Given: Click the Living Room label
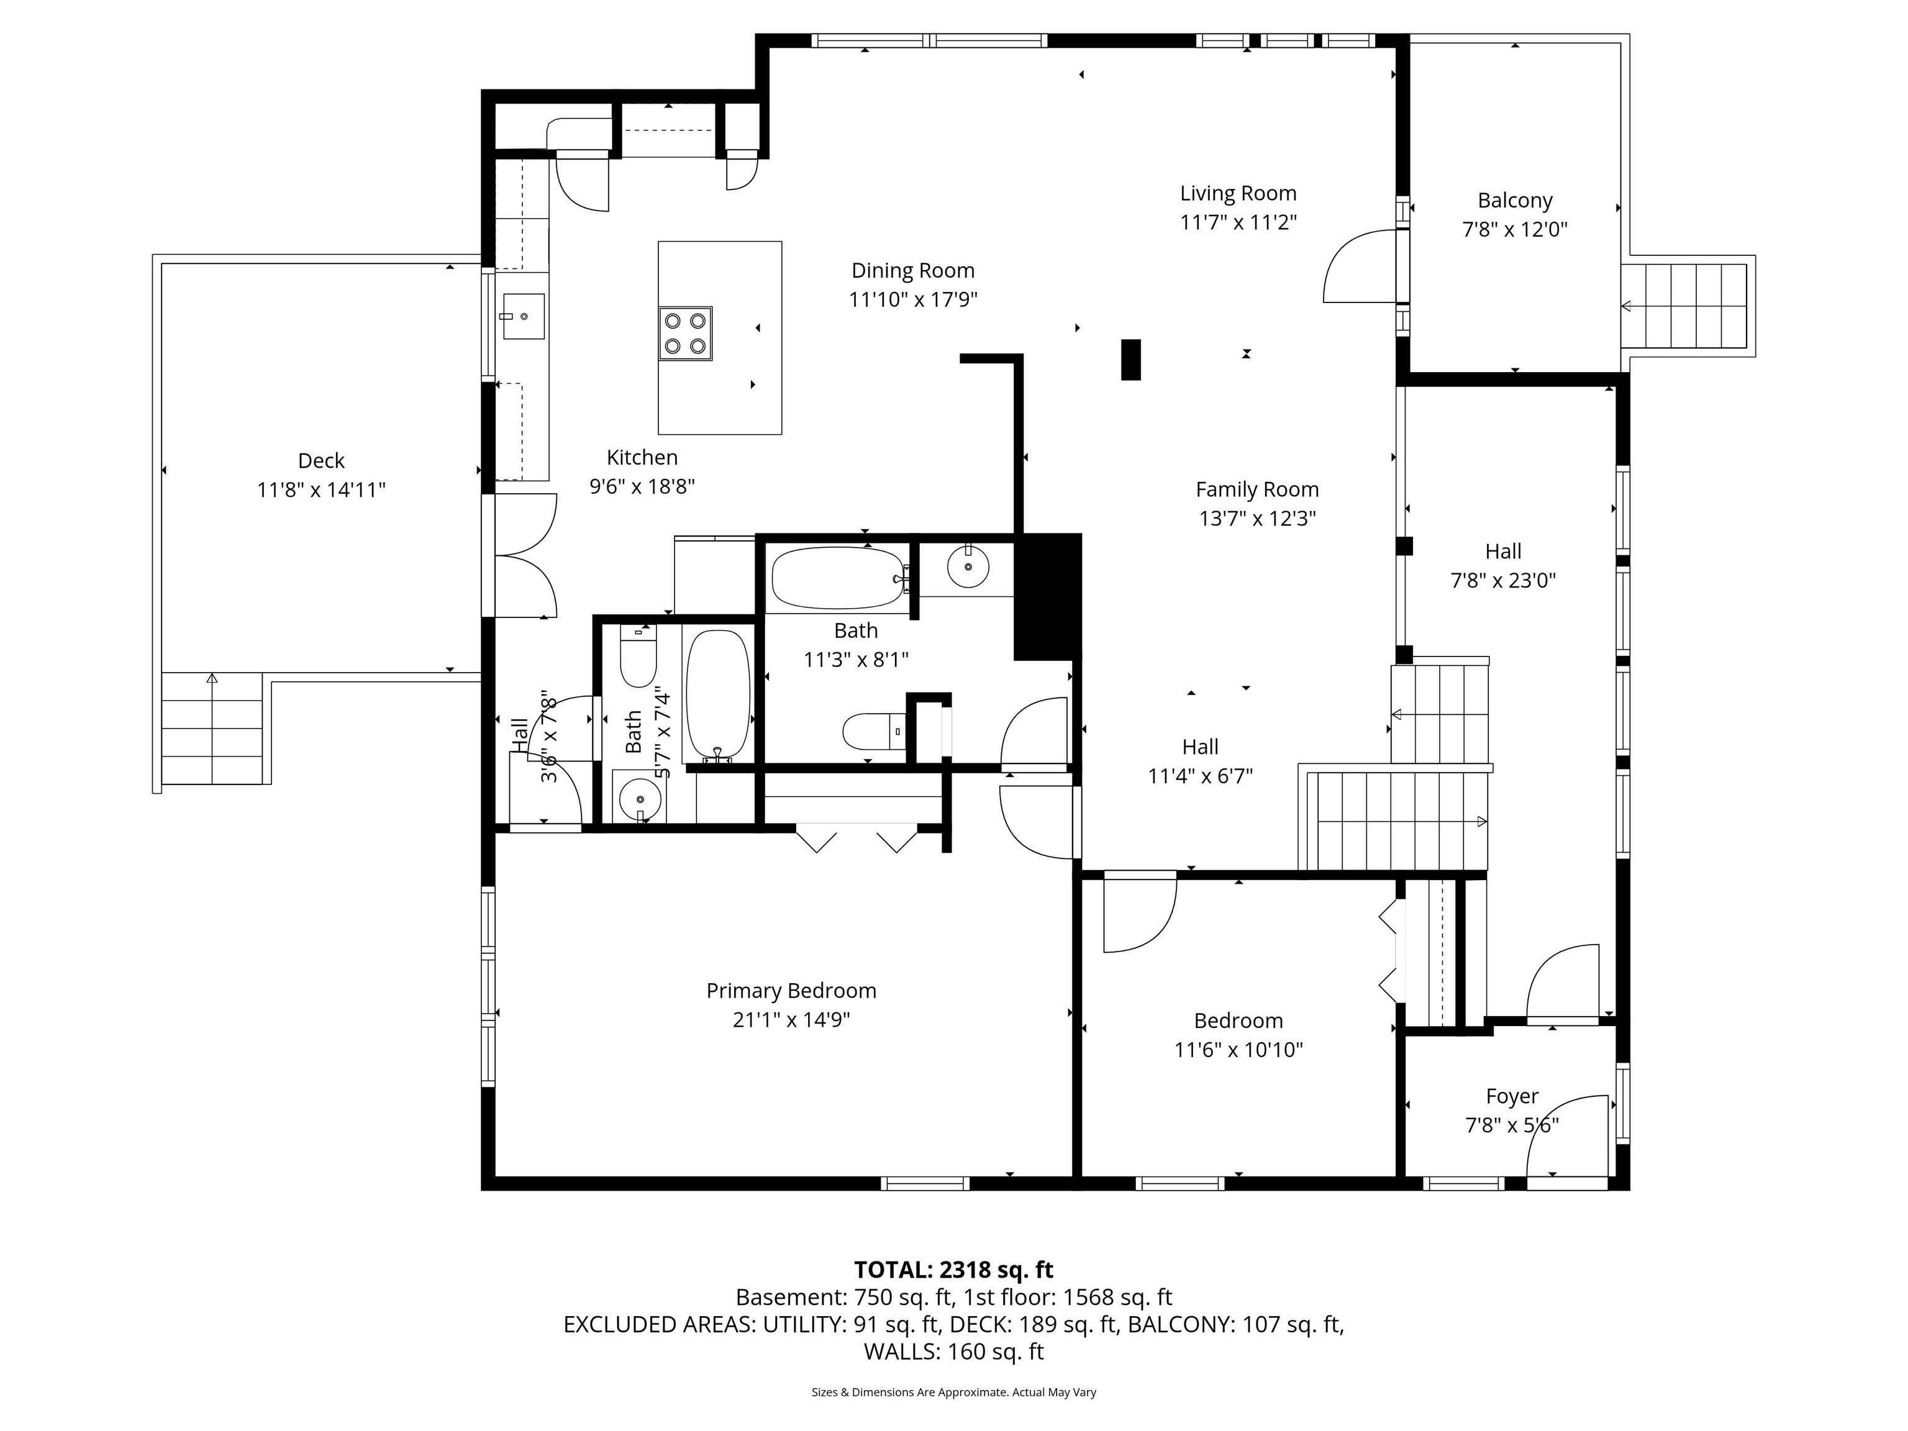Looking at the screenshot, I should point(1238,193).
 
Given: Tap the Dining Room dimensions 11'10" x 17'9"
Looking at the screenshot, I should point(912,299).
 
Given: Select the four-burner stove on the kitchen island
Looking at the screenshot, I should point(685,334).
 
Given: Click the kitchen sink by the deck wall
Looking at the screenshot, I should point(524,317).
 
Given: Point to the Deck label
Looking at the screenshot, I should point(321,461).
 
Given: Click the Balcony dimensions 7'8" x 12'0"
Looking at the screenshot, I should point(1515,229).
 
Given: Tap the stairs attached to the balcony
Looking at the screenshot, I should point(1686,306).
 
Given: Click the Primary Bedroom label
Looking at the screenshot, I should point(791,990).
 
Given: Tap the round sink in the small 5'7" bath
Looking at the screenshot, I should point(639,798).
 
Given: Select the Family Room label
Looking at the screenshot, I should point(1256,489).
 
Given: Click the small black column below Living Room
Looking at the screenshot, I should point(1130,360).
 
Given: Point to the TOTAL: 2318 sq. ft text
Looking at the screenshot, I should point(953,1270).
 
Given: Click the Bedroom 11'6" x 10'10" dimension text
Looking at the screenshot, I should point(1238,1050).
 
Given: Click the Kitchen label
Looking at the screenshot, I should point(642,457).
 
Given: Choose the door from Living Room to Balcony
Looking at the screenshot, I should point(1360,266).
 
